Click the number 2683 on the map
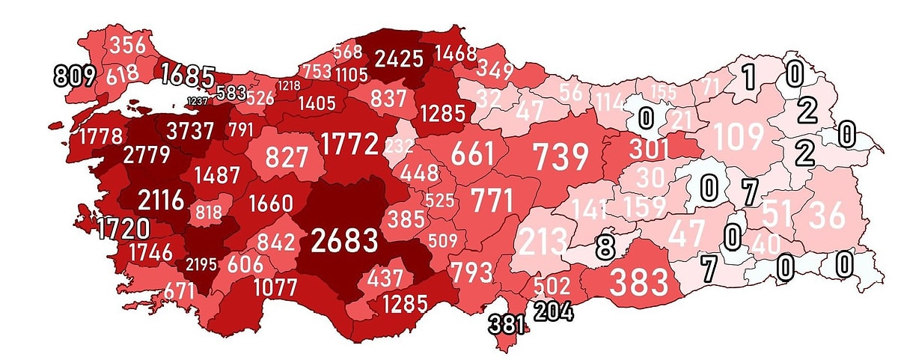[345, 241]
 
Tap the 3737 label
[190, 129]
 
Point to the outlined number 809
[76, 76]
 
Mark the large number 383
[639, 282]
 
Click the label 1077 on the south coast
[275, 287]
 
